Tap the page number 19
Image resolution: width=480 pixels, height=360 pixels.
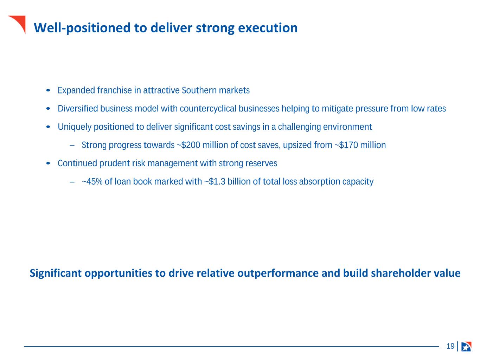pyautogui.click(x=450, y=346)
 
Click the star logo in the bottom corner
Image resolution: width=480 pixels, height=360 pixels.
pyautogui.click(x=466, y=346)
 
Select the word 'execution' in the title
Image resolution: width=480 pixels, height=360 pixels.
pyautogui.click(x=268, y=28)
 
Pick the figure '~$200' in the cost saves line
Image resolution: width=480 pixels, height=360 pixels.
pyautogui.click(x=188, y=145)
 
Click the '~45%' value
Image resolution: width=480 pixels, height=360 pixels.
pyautogui.click(x=92, y=181)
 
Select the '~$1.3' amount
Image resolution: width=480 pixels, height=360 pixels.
pyautogui.click(x=215, y=181)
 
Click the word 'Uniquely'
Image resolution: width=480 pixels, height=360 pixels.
pyautogui.click(x=75, y=127)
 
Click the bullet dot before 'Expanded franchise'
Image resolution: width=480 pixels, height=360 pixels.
pyautogui.click(x=48, y=90)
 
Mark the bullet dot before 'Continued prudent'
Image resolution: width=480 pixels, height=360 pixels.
pyautogui.click(x=48, y=163)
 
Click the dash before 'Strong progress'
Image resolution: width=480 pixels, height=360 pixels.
pyautogui.click(x=72, y=145)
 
